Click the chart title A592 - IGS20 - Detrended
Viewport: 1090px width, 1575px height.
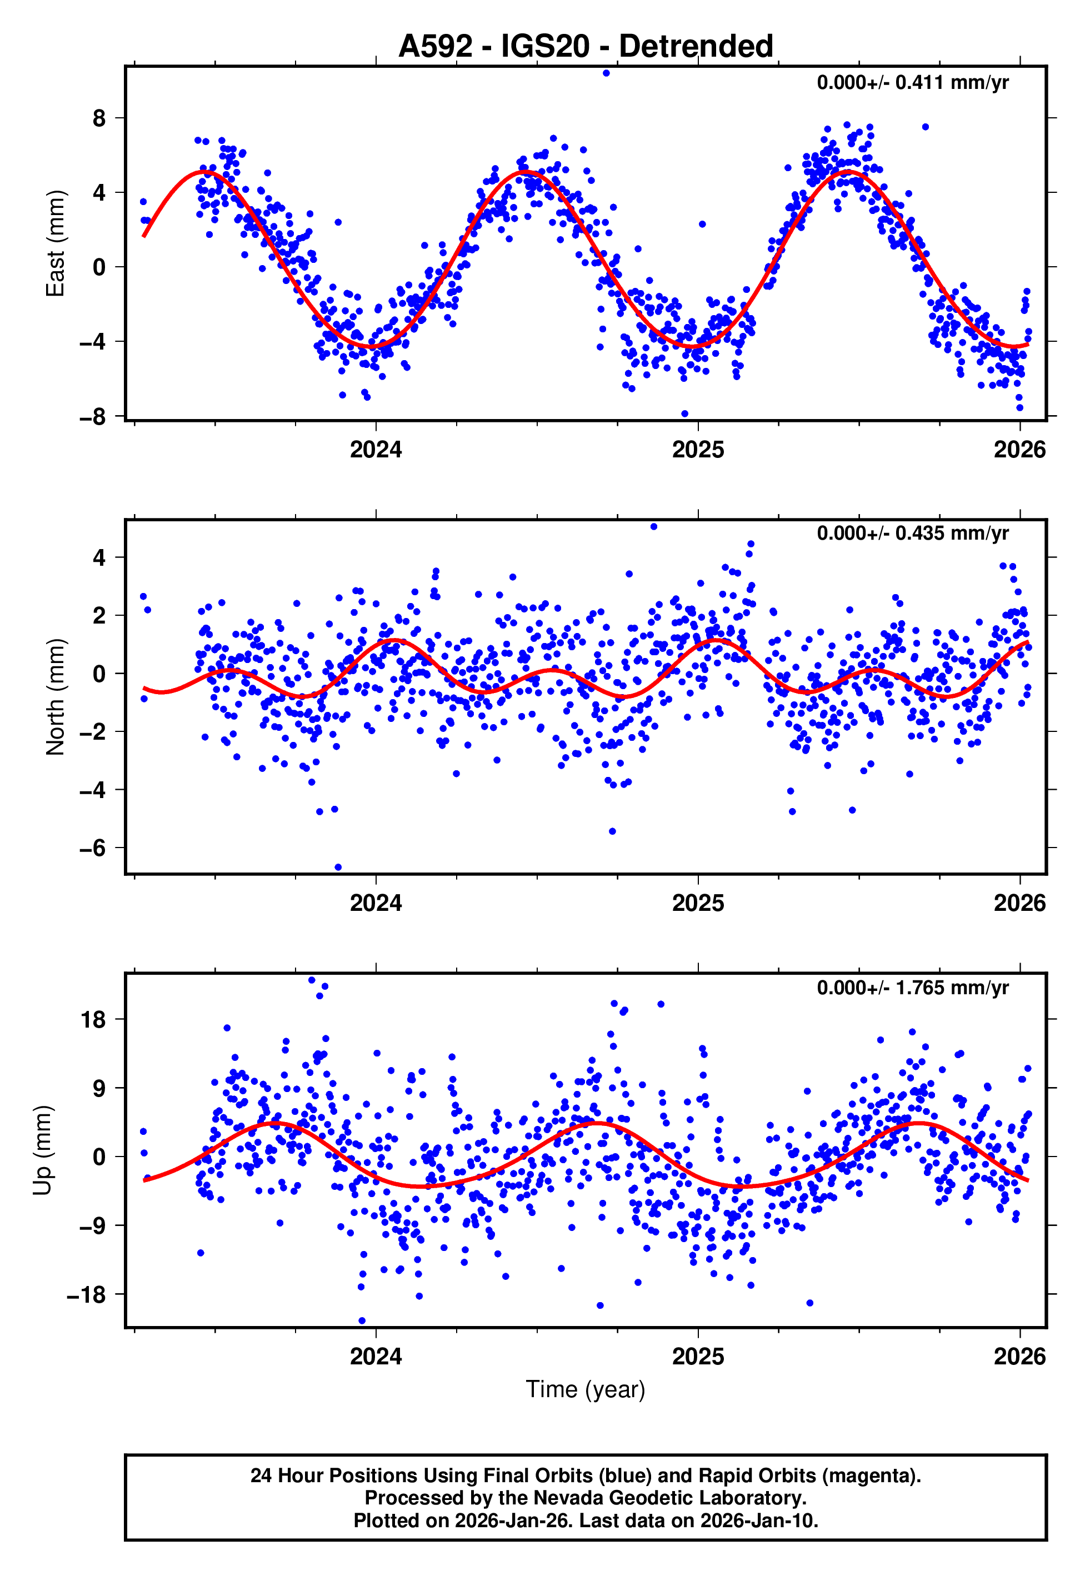(x=586, y=47)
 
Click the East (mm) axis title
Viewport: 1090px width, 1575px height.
(x=54, y=244)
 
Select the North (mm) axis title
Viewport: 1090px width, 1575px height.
(x=54, y=697)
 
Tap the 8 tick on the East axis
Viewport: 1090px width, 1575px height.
(x=99, y=118)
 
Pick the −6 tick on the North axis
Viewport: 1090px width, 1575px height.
(x=93, y=848)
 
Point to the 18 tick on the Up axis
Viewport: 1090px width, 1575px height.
(x=93, y=1020)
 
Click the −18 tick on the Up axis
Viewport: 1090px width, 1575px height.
(x=87, y=1294)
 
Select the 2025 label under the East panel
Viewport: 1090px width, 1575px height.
(x=697, y=450)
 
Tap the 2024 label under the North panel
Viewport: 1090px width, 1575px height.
(x=376, y=903)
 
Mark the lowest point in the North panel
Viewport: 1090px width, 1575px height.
(x=338, y=868)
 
